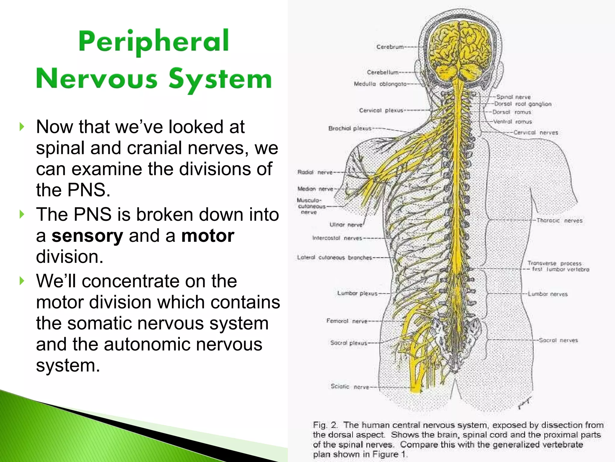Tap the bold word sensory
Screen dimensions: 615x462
[x=87, y=236]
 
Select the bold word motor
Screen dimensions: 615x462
[x=208, y=236]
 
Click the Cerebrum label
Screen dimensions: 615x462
[x=390, y=47]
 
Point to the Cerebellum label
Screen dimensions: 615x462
[x=382, y=72]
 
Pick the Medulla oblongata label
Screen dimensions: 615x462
[x=380, y=84]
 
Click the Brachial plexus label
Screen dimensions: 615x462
[x=350, y=128]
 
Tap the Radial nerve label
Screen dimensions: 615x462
[x=315, y=172]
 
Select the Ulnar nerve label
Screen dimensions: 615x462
[x=346, y=225]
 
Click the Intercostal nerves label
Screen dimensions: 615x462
[x=337, y=238]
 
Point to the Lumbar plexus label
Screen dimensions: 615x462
[x=357, y=293]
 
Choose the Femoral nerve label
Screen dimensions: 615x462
[x=347, y=321]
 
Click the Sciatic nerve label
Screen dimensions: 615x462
[x=350, y=387]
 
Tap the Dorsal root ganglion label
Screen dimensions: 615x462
[x=523, y=104]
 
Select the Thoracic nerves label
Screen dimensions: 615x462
[x=559, y=220]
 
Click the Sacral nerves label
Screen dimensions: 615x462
[x=558, y=340]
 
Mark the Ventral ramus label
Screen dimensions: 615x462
[x=513, y=122]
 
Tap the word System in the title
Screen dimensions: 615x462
[x=220, y=79]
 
